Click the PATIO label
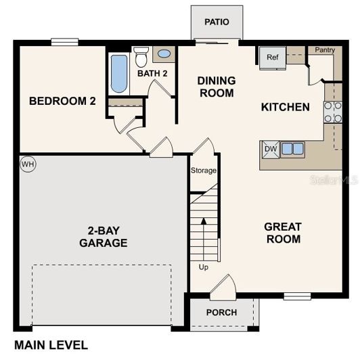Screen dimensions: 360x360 pos(217,22)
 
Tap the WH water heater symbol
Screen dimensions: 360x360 pos(28,164)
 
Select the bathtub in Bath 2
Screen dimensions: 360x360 pos(119,74)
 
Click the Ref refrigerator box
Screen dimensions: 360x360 pos(273,58)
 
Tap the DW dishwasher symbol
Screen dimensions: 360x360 pos(270,149)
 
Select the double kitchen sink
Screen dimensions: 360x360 pos(293,149)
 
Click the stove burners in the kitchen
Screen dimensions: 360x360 pos(332,112)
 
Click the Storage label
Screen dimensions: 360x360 pos(204,171)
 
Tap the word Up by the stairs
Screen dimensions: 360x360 pos(204,267)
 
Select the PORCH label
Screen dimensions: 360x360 pos(222,313)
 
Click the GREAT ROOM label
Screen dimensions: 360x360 pos(283,233)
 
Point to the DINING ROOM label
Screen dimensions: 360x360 pos(217,87)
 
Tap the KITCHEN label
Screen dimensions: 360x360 pos(286,107)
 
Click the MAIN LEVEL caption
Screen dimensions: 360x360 pos(51,345)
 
